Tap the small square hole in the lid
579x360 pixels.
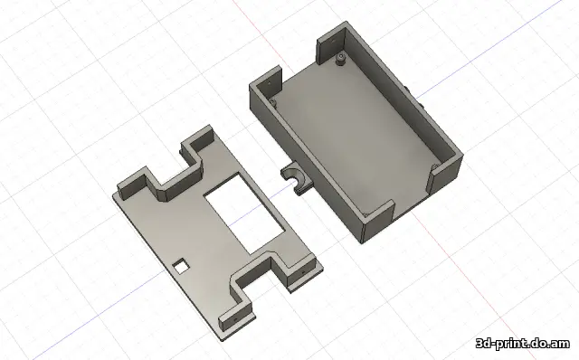tap(181, 266)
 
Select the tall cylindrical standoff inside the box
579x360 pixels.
tap(340, 60)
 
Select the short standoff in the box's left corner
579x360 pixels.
tap(273, 101)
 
